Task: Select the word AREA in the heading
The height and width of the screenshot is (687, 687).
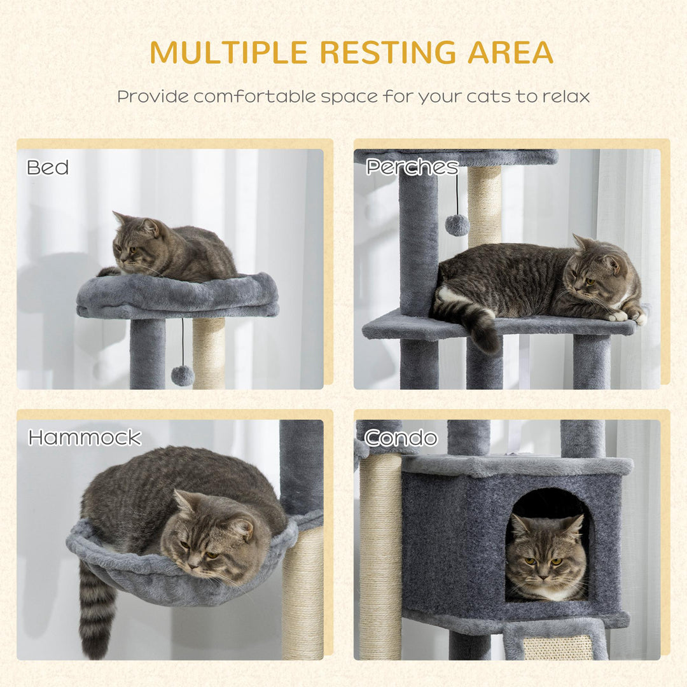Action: click(510, 53)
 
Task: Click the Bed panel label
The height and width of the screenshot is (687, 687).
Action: click(48, 167)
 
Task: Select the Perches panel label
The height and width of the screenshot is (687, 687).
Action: click(412, 167)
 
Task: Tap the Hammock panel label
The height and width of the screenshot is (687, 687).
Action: click(85, 438)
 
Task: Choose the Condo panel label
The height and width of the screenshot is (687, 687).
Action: click(401, 438)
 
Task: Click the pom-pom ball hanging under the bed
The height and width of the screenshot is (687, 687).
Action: click(183, 375)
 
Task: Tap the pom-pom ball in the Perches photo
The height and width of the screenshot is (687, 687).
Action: click(457, 225)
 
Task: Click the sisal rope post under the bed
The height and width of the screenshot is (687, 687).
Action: click(209, 353)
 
